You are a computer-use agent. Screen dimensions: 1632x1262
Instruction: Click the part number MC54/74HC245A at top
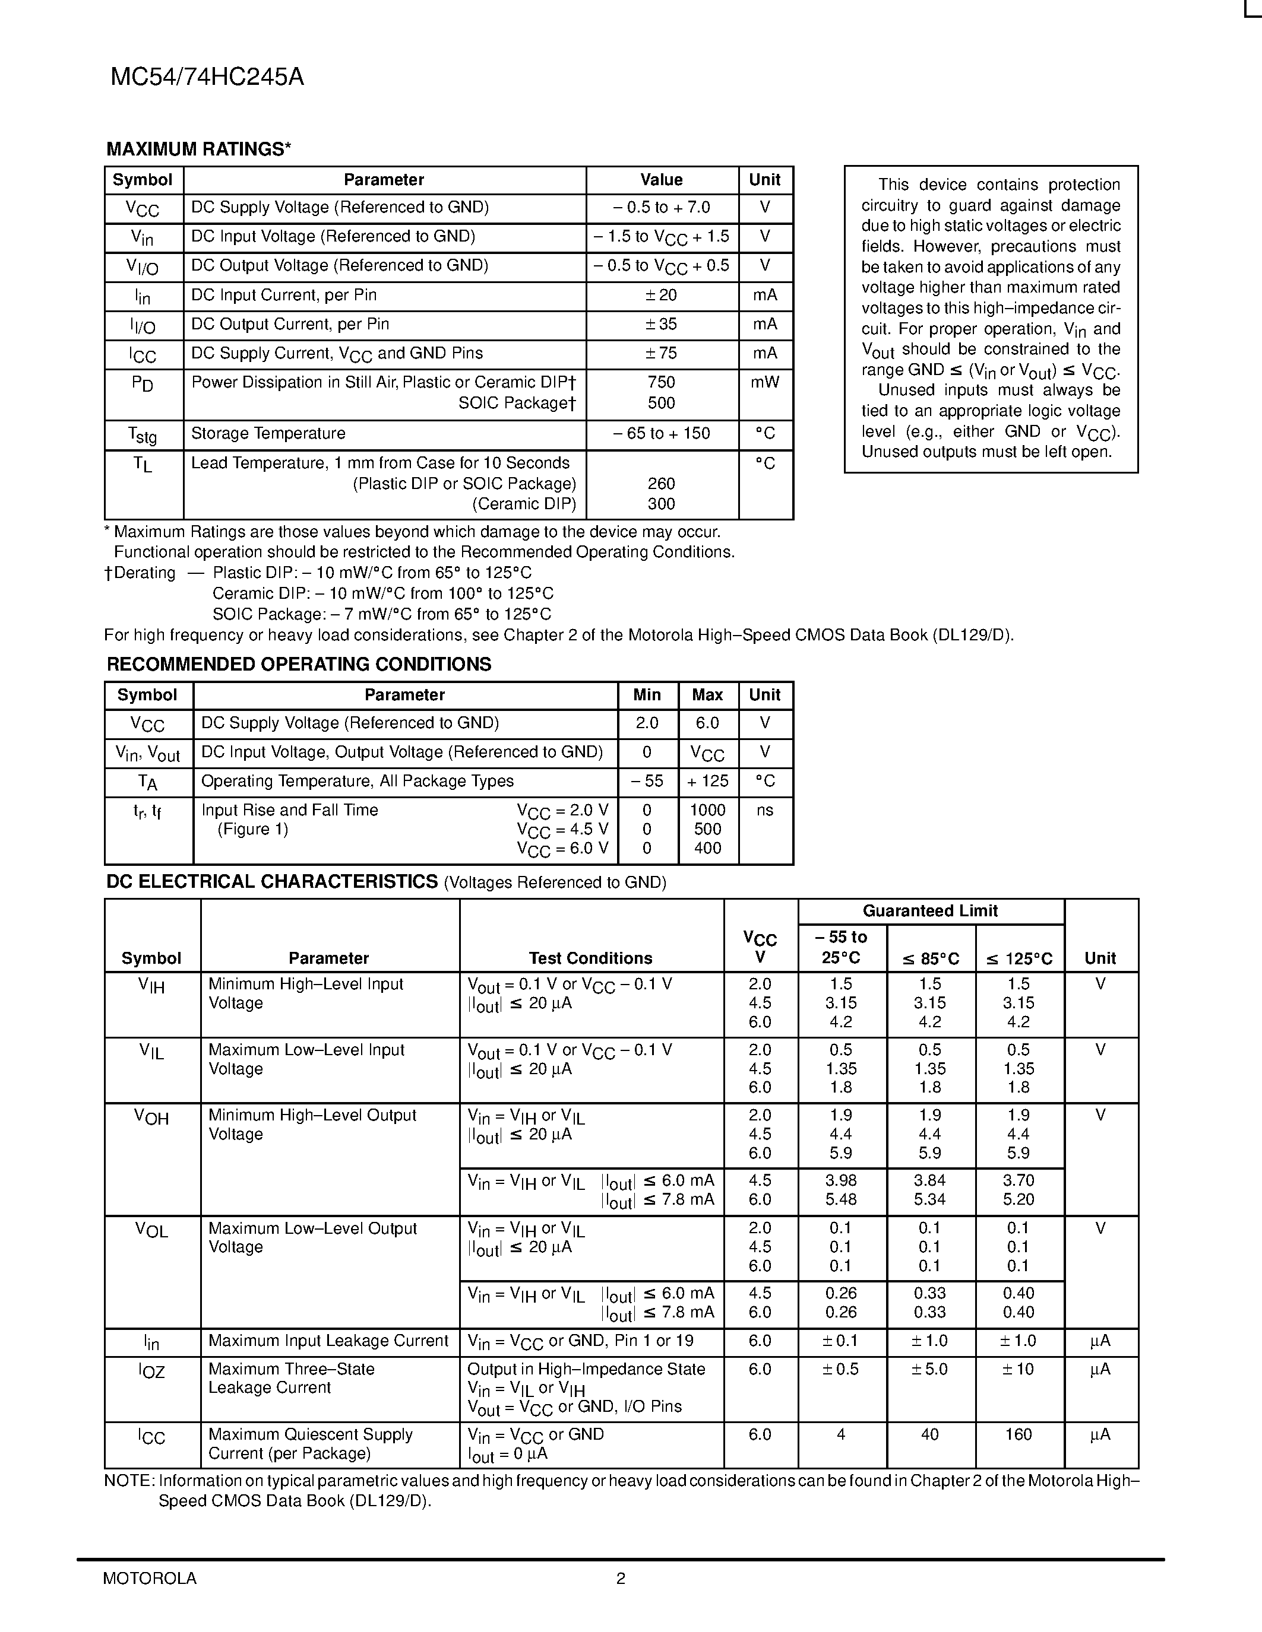(x=207, y=77)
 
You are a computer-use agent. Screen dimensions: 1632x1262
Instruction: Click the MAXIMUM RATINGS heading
(x=198, y=150)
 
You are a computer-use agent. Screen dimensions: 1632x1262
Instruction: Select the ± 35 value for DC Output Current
(x=661, y=324)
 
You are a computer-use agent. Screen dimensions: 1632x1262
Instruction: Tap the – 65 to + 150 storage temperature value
(x=661, y=433)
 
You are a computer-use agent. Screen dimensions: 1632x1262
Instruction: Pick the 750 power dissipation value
(x=661, y=383)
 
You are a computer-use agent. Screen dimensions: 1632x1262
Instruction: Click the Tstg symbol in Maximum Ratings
(x=142, y=435)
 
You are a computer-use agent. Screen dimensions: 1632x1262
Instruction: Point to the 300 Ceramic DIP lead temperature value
(x=661, y=504)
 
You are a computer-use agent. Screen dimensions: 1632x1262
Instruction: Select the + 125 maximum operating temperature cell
(x=707, y=781)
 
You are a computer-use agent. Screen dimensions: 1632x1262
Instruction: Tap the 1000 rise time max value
(x=707, y=810)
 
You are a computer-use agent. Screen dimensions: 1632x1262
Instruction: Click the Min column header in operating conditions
(x=647, y=695)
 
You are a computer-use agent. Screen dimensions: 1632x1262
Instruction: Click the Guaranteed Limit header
(x=930, y=911)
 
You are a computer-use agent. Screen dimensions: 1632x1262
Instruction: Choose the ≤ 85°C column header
(x=930, y=958)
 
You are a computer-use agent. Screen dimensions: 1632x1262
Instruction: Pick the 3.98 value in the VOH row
(x=841, y=1180)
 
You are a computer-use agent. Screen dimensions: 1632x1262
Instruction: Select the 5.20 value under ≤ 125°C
(x=1019, y=1199)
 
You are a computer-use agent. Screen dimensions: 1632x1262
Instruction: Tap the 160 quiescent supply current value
(x=1019, y=1435)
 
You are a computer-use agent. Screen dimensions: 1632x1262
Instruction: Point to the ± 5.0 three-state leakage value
(x=929, y=1369)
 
